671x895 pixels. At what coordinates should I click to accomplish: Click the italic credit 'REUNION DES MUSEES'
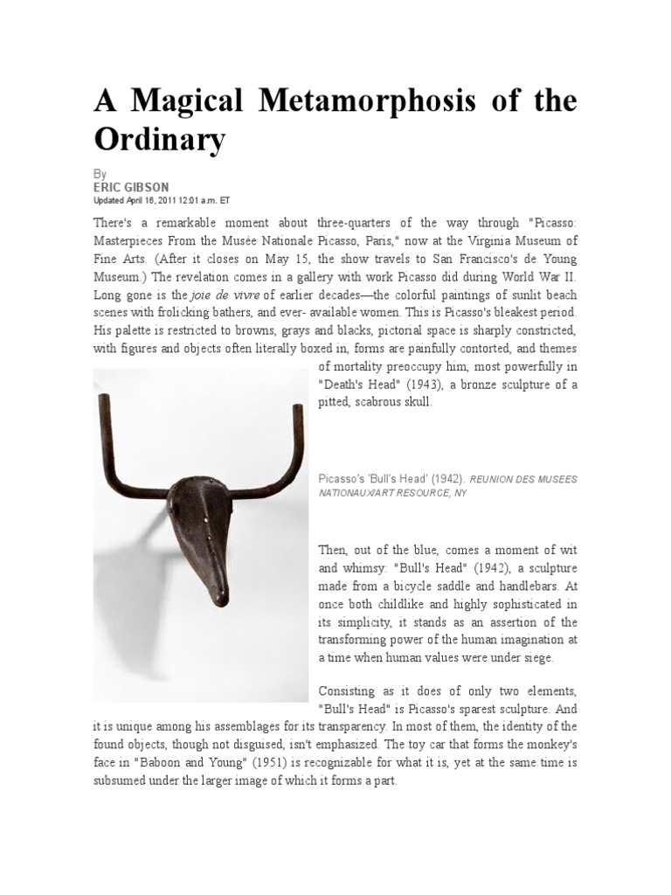[524, 480]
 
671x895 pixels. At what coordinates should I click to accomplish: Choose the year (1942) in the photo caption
[446, 480]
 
